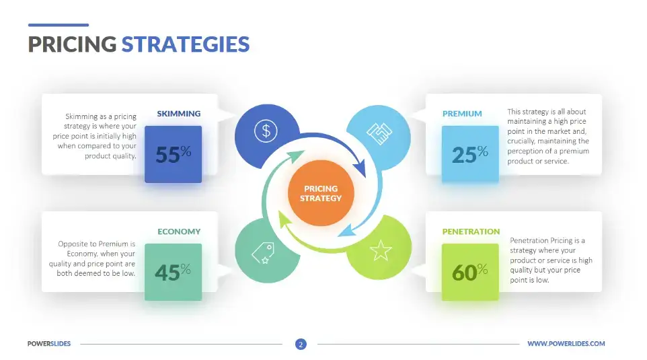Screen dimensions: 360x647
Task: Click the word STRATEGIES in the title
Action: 185,44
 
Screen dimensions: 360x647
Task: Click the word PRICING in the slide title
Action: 72,44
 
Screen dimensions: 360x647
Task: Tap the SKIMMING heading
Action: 178,114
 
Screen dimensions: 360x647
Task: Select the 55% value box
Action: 173,154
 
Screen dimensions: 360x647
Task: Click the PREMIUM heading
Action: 462,114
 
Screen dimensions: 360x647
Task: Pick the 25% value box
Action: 470,154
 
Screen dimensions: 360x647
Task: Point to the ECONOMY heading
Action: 179,231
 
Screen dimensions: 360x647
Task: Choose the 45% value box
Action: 173,272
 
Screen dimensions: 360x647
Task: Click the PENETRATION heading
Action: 471,231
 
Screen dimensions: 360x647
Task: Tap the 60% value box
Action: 470,272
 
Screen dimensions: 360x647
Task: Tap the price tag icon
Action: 262,252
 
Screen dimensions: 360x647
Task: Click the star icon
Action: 380,251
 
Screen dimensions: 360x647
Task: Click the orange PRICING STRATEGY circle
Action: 321,193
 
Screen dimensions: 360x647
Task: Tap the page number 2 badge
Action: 301,345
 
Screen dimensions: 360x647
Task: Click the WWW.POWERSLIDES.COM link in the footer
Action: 566,344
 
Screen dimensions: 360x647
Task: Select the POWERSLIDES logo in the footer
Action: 49,344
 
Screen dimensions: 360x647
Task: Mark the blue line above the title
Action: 58,25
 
